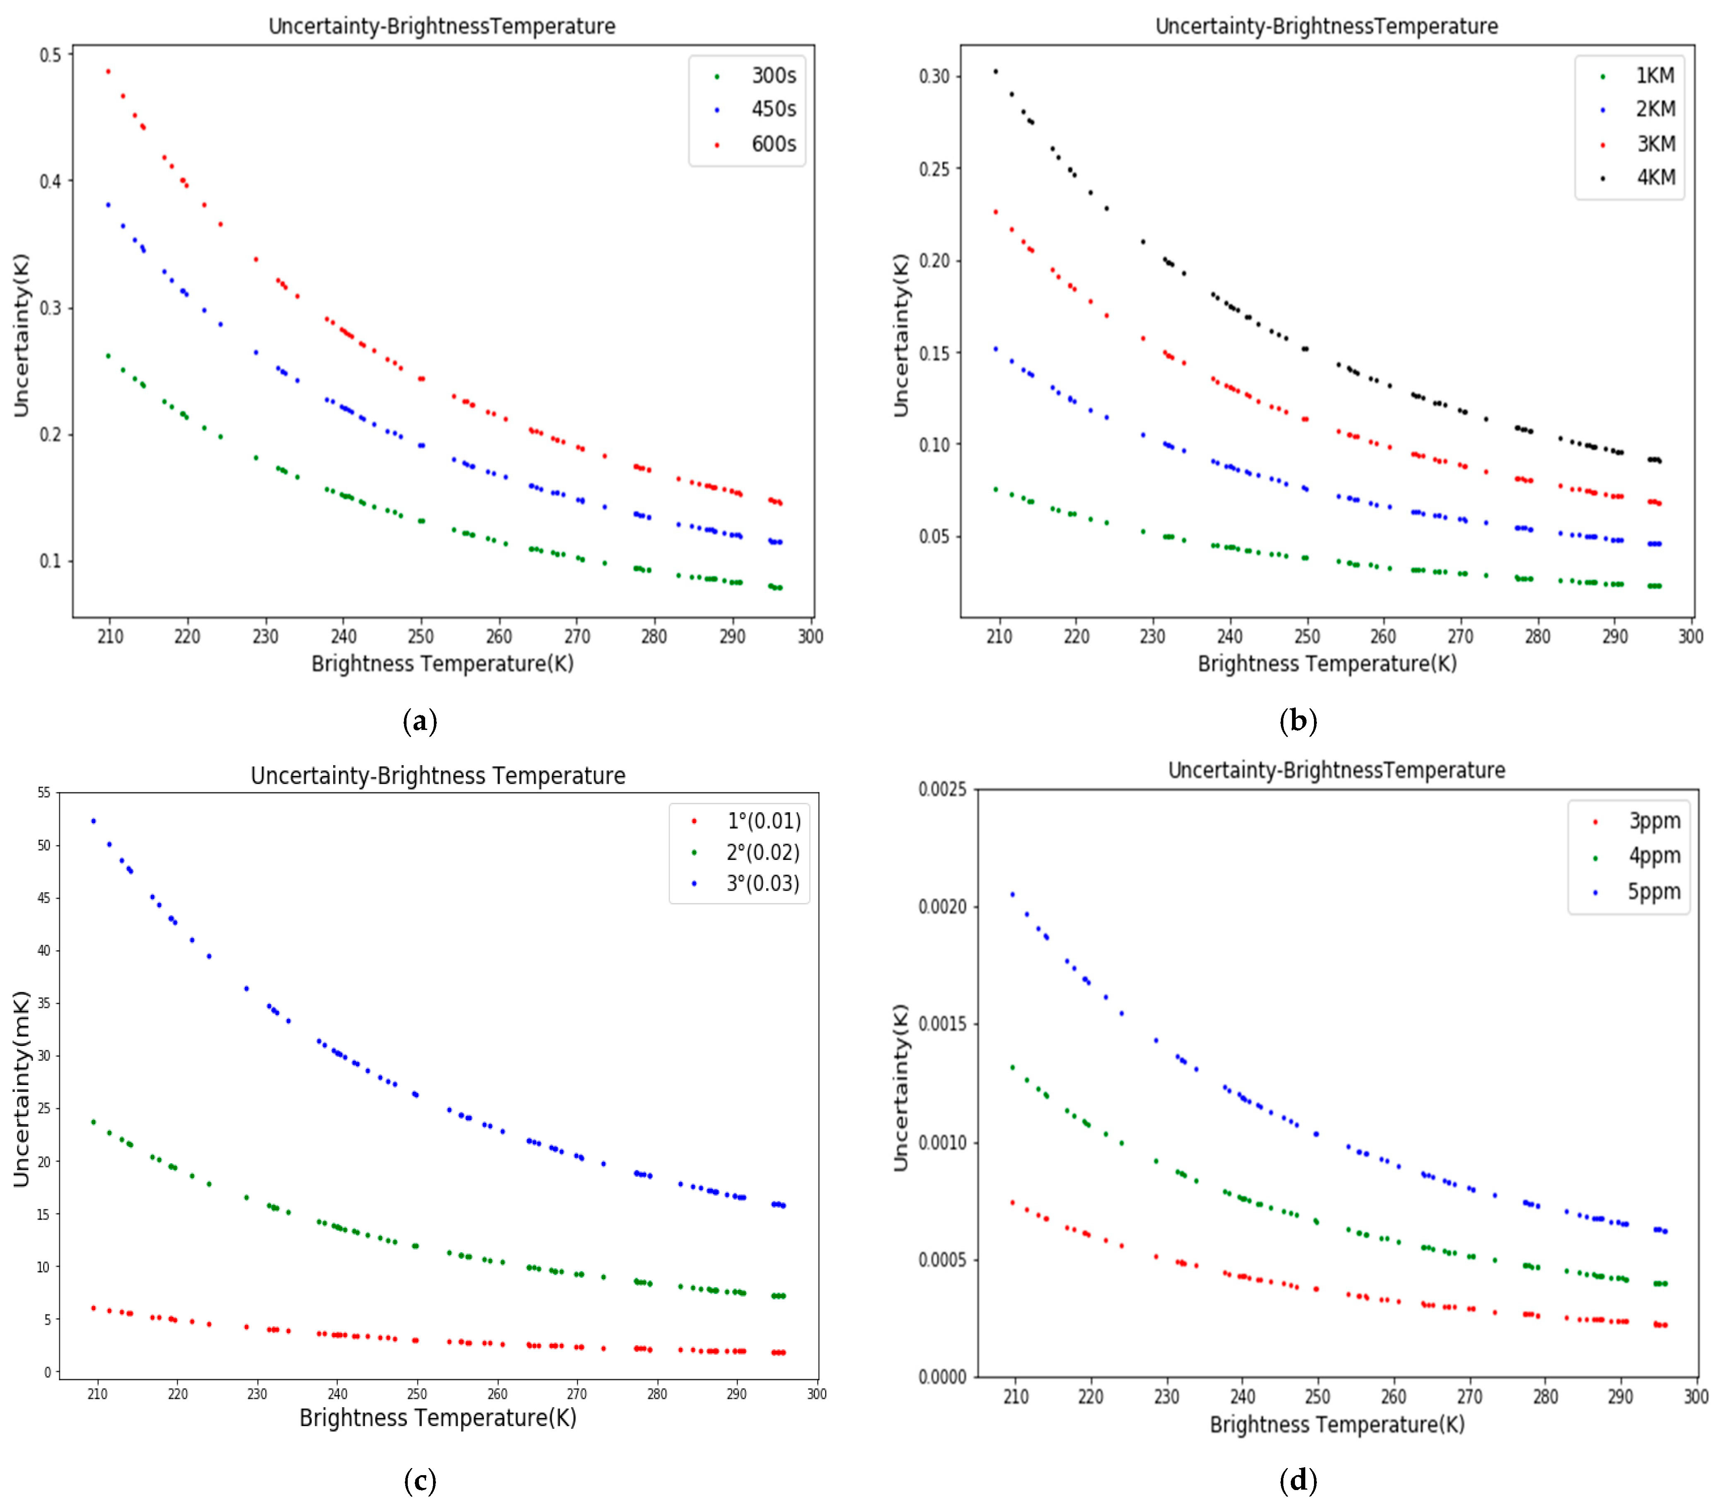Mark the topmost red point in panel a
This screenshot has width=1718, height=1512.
click(108, 71)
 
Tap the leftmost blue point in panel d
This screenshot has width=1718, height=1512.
click(1012, 894)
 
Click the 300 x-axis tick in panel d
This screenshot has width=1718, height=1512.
click(1695, 1396)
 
